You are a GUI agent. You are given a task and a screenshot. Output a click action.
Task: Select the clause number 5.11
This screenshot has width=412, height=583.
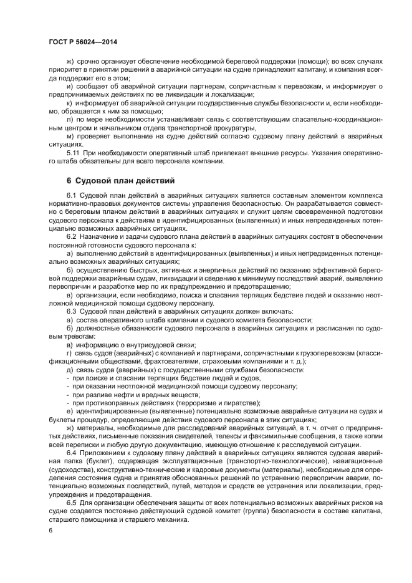click(x=73, y=152)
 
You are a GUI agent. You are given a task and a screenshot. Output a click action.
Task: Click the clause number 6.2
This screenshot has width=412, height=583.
click(x=71, y=238)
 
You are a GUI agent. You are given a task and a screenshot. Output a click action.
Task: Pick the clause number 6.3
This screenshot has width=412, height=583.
click(x=71, y=311)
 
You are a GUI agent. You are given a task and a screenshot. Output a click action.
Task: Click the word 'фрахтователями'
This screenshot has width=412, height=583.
click(x=145, y=362)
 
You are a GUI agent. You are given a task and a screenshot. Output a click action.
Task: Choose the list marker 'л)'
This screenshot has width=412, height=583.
click(x=69, y=118)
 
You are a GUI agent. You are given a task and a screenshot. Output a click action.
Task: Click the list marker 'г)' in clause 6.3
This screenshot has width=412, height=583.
click(x=69, y=353)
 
